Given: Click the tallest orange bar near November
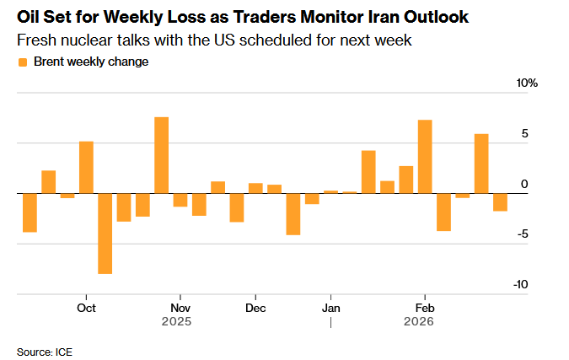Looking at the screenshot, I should tap(161, 155).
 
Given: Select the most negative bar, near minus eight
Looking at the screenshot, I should tap(105, 234).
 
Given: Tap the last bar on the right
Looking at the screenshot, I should tap(500, 202).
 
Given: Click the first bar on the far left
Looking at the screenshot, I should tap(30, 212).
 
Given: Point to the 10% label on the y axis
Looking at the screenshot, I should tap(527, 83).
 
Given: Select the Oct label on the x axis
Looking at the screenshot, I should tap(85, 307).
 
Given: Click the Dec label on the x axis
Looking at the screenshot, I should tap(255, 307).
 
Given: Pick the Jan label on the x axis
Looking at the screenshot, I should tap(331, 307).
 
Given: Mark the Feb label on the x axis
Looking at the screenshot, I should tap(424, 307).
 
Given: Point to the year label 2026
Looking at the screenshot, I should tap(419, 321).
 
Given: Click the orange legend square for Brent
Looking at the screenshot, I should tap(22, 62).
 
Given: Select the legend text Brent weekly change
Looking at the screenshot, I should tap(90, 62).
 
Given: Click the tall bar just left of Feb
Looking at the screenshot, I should tap(425, 157).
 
